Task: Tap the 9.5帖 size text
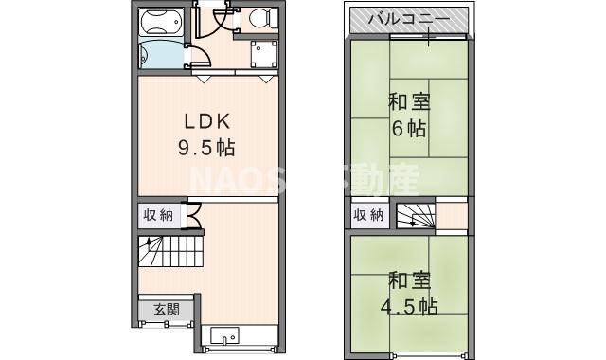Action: (207, 148)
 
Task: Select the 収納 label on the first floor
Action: (158, 215)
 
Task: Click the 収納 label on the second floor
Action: (369, 215)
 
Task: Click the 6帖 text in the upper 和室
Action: (410, 130)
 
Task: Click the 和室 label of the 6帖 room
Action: (410, 102)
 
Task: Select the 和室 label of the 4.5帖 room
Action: (410, 280)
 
